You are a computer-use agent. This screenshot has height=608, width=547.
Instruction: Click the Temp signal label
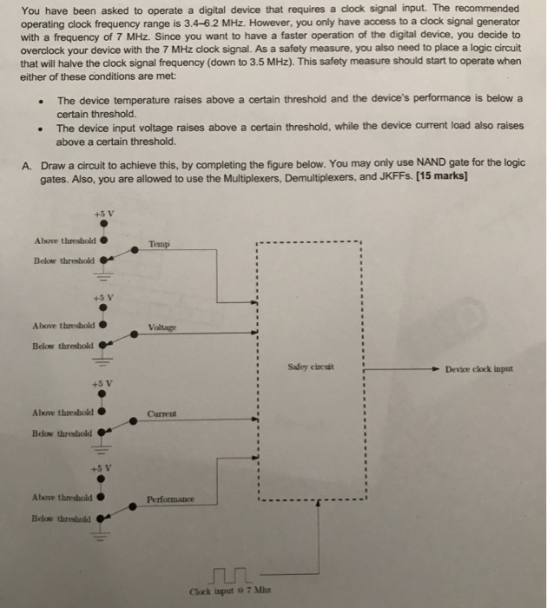point(159,245)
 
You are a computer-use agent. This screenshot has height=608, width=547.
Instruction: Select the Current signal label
point(162,413)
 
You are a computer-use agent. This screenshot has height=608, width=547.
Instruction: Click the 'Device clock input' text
point(479,368)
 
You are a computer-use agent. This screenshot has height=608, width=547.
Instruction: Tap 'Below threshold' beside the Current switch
point(60,431)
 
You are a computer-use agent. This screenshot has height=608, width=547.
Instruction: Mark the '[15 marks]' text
point(442,177)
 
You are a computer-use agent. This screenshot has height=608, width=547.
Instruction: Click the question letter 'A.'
point(27,164)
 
